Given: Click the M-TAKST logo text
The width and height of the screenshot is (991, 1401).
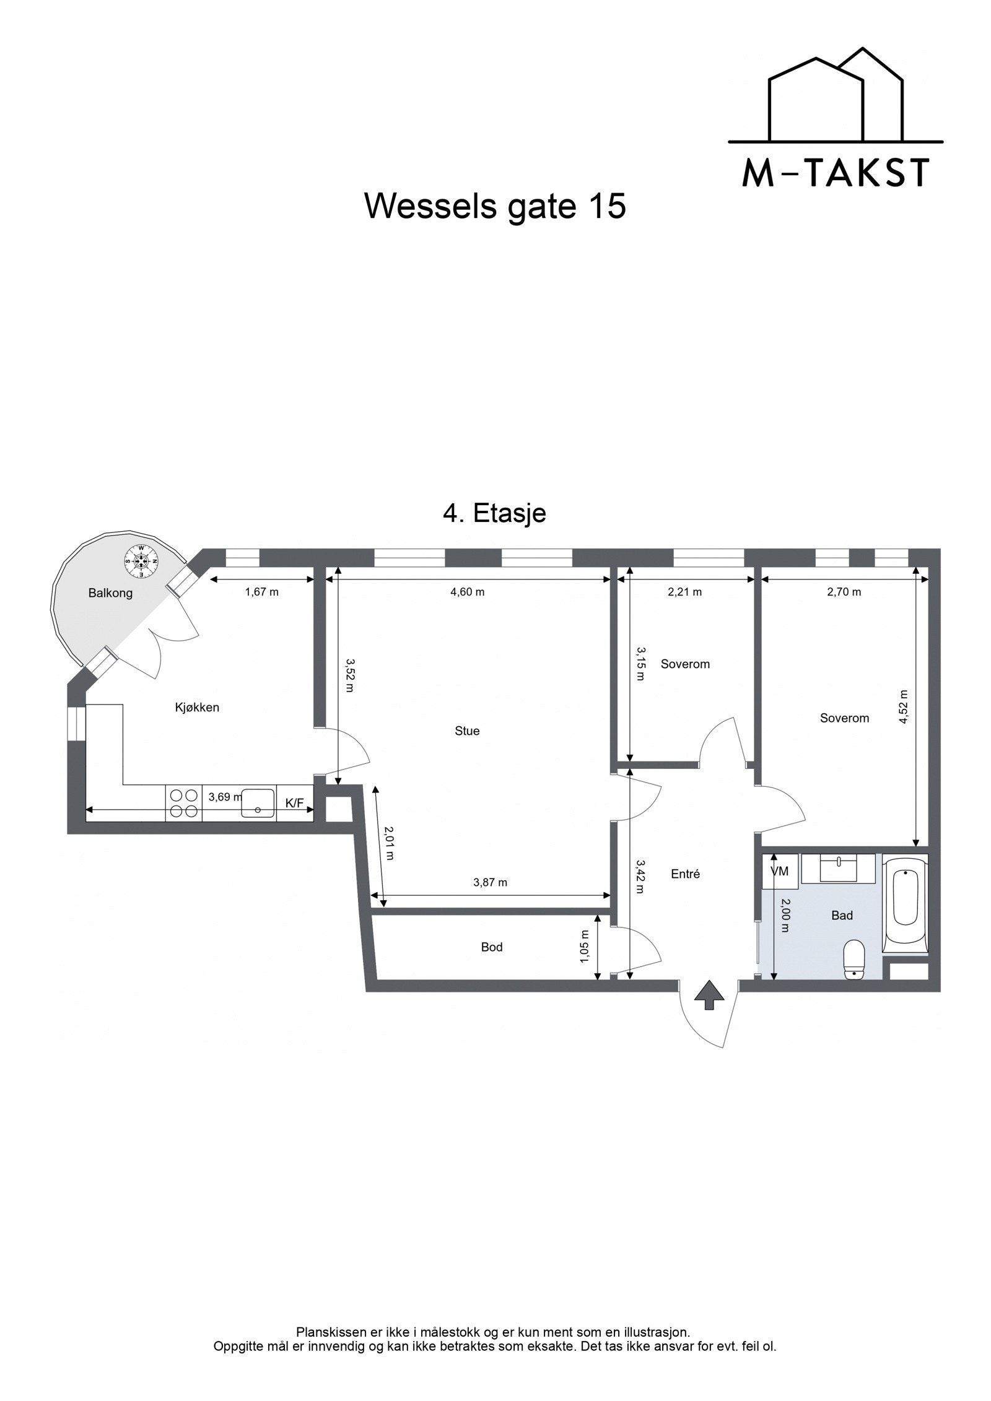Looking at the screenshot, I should click(x=836, y=173).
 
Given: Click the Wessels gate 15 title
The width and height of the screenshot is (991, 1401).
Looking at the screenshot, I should click(x=495, y=206).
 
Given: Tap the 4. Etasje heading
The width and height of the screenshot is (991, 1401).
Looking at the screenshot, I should click(x=494, y=513).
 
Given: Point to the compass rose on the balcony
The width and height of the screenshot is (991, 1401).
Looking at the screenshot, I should click(x=141, y=562).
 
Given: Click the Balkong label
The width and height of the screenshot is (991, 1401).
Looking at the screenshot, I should click(x=110, y=593).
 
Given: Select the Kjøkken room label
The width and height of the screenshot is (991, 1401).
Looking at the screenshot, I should click(x=197, y=707).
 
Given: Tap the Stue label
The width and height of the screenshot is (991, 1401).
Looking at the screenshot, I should click(x=467, y=731).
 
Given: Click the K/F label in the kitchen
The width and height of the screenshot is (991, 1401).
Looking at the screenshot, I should click(x=294, y=803).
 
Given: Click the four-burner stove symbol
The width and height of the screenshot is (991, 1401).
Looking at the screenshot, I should click(x=184, y=803).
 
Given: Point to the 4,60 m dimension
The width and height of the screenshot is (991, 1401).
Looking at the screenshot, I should click(x=467, y=592).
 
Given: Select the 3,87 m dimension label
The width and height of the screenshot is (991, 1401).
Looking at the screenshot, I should click(x=490, y=883).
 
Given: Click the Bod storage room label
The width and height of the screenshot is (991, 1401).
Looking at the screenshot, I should click(x=492, y=947).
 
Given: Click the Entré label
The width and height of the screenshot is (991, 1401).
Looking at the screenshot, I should click(x=685, y=874).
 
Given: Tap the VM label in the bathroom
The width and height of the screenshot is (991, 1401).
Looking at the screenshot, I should click(x=779, y=871).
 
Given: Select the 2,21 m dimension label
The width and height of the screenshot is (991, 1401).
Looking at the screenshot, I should click(x=684, y=592).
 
